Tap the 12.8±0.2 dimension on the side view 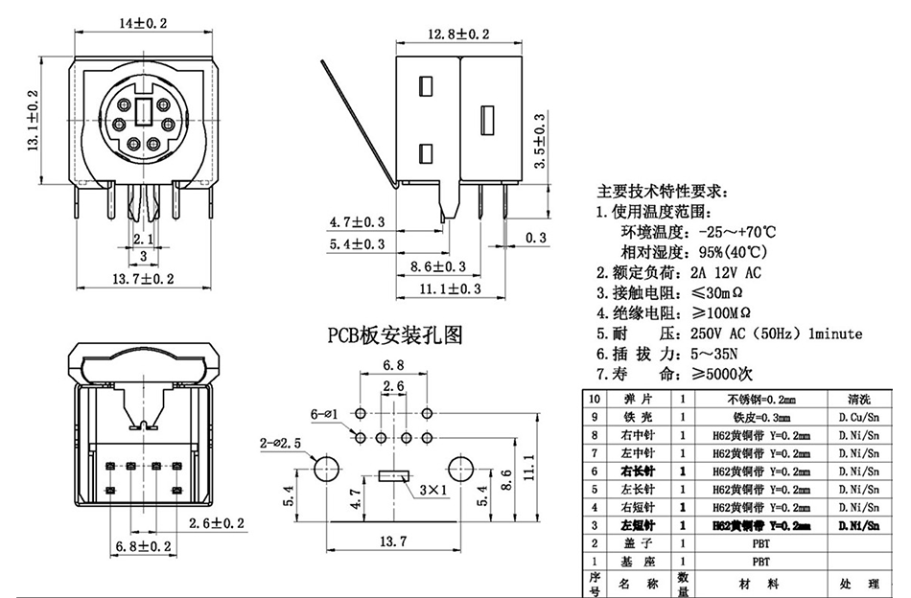(458, 35)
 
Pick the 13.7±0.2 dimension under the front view (143, 279)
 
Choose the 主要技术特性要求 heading (663, 190)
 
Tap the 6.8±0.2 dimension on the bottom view (140, 546)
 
